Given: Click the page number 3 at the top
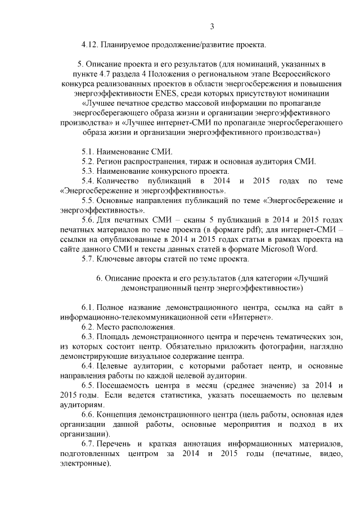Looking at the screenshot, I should (x=212, y=26).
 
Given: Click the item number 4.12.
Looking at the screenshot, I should (x=90, y=44).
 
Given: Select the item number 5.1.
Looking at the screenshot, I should (x=88, y=151).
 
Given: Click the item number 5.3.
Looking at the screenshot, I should (x=88, y=170).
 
